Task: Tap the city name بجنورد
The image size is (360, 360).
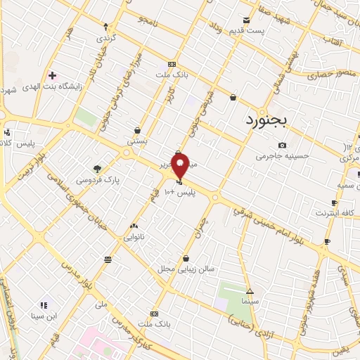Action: [267, 120]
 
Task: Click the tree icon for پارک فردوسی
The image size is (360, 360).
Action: [97, 169]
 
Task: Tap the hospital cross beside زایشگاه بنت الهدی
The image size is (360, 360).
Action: [52, 75]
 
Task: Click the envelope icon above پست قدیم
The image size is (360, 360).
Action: [246, 20]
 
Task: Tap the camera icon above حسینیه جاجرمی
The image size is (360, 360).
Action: [282, 146]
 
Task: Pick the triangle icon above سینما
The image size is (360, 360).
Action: [250, 290]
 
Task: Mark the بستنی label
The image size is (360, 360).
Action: [136, 141]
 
